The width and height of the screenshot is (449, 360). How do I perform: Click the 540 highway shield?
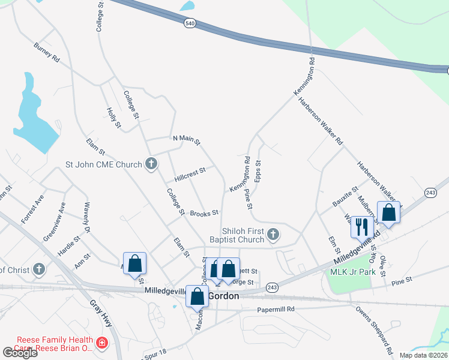coord(190,23)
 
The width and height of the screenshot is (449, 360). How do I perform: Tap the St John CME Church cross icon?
coord(151,164)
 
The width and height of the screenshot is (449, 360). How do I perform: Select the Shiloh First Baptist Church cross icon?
coord(273,234)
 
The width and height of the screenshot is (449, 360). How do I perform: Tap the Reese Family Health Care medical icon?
coord(102,343)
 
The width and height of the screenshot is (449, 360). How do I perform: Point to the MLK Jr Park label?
coord(352,271)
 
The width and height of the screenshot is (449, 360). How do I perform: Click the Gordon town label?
coord(223,296)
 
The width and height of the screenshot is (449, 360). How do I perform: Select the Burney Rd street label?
coord(47,53)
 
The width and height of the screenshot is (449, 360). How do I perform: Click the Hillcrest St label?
coord(190,174)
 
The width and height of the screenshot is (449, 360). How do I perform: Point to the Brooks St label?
coord(203,213)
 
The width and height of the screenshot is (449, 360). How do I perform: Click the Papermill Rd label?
coord(276,310)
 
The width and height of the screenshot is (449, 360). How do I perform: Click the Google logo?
coord(20,352)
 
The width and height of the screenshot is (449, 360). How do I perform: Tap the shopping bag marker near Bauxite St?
coord(389,213)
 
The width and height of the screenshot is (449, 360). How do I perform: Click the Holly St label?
coord(113,118)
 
